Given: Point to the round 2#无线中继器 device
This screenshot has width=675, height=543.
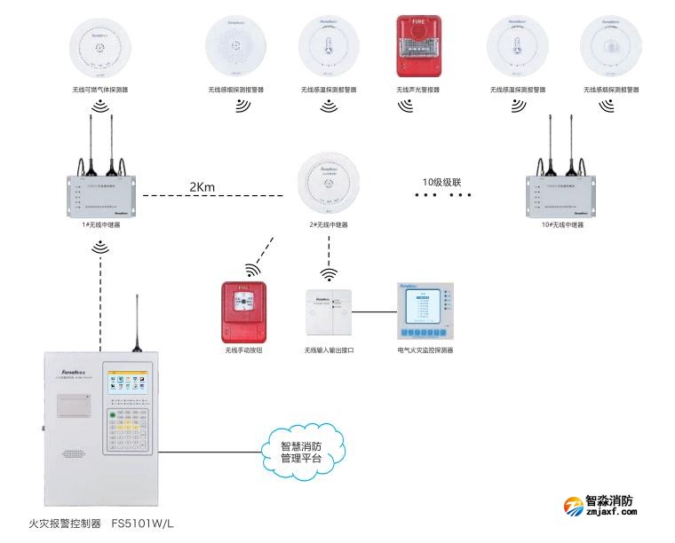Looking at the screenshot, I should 328,183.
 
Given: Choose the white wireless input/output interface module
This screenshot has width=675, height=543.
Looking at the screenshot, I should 329,315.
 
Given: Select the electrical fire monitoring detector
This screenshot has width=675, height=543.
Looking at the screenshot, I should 425,311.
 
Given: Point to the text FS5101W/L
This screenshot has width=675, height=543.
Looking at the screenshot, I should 142,524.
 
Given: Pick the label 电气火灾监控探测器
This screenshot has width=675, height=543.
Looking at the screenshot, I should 425,350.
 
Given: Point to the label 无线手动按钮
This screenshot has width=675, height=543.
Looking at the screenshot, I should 244,350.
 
